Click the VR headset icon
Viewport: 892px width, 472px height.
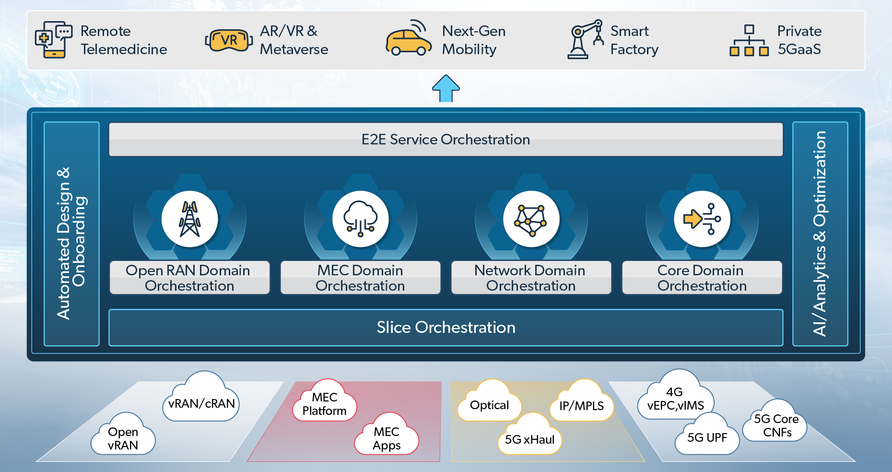coord(229,40)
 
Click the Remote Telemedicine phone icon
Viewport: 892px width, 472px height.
coord(53,40)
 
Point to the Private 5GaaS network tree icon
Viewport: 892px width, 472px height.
coord(749,41)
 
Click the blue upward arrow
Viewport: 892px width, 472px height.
coord(446,88)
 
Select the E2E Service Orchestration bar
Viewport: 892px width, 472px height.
coord(446,140)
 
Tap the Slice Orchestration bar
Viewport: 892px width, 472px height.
coord(446,328)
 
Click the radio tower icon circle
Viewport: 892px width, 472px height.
coord(190,219)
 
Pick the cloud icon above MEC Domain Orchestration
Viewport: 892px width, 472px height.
coord(361,219)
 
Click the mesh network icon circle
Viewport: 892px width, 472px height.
coord(531,219)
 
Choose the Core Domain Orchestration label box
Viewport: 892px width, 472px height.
coord(702,278)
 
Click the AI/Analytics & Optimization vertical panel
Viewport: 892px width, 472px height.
coord(820,234)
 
